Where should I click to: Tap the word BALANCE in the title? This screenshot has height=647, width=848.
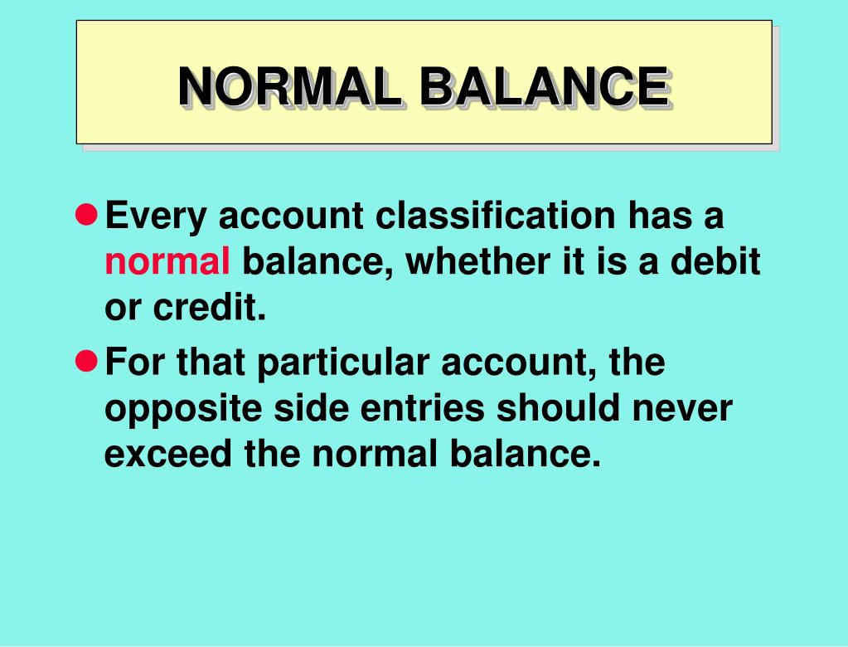pyautogui.click(x=542, y=86)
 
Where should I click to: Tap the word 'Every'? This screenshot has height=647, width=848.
pyautogui.click(x=155, y=217)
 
